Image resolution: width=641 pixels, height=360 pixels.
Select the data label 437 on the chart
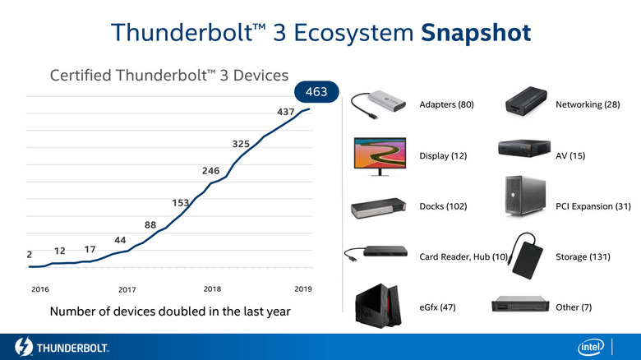point(287,111)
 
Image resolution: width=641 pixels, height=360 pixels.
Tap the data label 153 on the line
point(182,202)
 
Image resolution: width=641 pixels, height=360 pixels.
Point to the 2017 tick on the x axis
point(127,290)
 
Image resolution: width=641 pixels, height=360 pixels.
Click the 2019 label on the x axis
point(303,289)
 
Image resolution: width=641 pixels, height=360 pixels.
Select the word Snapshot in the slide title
point(476,32)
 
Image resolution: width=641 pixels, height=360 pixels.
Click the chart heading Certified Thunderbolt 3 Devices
point(169,76)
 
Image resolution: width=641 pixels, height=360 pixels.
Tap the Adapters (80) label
point(446,105)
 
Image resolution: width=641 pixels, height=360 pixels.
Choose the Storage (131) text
point(583,257)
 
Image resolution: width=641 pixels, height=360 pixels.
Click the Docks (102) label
point(443,206)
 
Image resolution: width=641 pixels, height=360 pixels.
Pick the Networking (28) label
point(587,105)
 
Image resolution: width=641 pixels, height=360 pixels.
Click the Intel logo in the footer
point(593,347)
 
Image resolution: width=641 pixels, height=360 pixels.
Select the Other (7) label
point(574,307)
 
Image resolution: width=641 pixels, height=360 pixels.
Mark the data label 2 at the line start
point(30,255)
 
